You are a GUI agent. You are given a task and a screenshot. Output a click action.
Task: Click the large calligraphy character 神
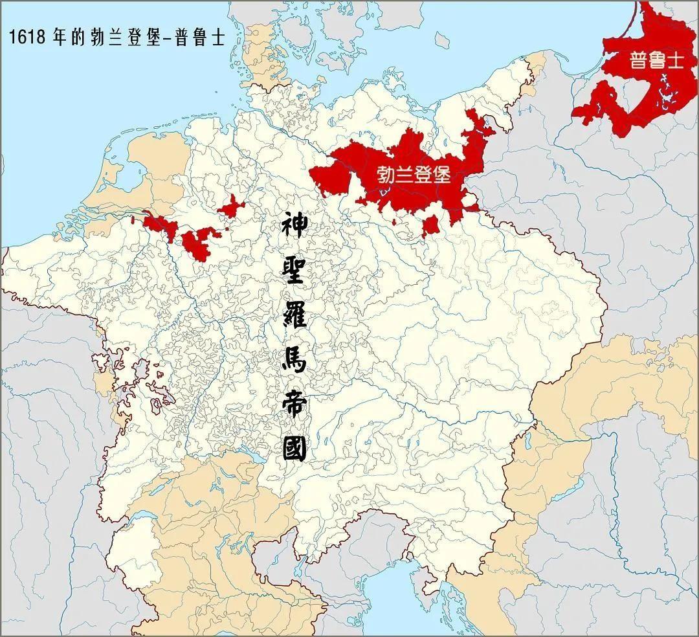click(x=295, y=229)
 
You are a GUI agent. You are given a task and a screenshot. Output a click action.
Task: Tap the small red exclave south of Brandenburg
click(x=430, y=227)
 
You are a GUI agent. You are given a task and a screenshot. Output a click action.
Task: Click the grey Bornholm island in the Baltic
click(x=442, y=40)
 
